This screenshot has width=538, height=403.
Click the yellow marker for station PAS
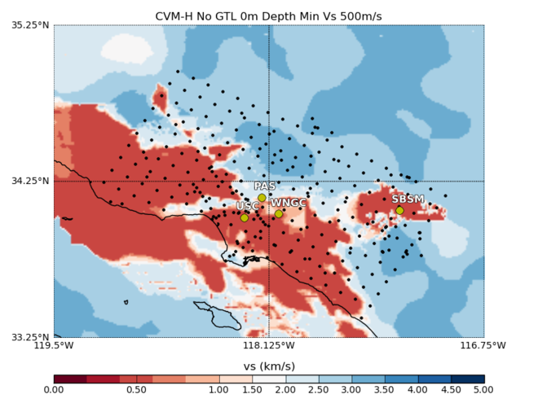tap(262, 198)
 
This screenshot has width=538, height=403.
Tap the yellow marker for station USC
tap(244, 217)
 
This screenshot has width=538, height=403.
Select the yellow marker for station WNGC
tap(278, 214)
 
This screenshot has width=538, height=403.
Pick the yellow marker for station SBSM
tap(399, 211)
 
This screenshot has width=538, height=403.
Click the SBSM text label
tap(408, 199)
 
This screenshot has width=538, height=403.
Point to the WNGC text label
tap(289, 203)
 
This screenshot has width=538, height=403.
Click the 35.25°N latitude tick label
tap(30, 25)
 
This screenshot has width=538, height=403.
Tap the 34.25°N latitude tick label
tap(30, 181)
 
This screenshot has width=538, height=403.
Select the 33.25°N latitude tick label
tap(30, 336)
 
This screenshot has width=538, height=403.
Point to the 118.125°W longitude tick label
tap(269, 346)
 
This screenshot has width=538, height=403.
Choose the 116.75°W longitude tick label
tap(484, 346)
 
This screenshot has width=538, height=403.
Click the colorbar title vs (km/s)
tap(269, 366)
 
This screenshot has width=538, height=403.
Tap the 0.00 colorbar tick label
tap(54, 391)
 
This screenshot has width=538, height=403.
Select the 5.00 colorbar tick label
tap(484, 391)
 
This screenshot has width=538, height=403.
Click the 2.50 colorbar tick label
tap(319, 391)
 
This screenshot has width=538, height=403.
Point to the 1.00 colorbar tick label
tap(219, 391)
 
